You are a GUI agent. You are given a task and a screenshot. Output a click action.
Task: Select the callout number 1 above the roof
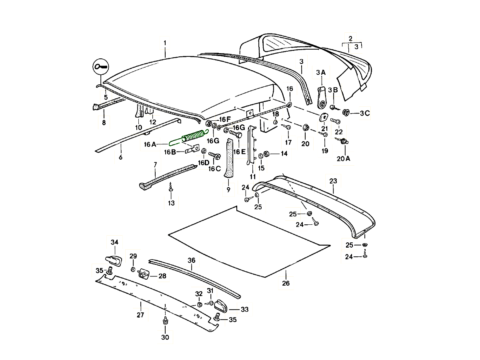click(165, 42)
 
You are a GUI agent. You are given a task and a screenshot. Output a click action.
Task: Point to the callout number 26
click(286, 283)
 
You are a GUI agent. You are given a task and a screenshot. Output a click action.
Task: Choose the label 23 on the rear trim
click(333, 181)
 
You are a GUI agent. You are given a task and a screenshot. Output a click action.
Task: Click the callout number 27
click(140, 315)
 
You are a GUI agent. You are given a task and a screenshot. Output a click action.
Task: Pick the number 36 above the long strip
click(192, 260)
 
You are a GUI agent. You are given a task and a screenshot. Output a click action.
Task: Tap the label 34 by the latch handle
click(115, 242)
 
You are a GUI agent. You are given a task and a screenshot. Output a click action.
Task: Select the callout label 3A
click(321, 72)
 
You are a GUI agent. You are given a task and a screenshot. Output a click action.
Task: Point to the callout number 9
click(228, 190)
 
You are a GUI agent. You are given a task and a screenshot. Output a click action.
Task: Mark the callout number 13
click(171, 203)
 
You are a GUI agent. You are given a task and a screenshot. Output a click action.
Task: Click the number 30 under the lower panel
click(165, 338)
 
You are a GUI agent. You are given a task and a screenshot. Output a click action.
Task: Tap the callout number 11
click(252, 176)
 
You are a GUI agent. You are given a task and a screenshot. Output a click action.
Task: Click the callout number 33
click(244, 309)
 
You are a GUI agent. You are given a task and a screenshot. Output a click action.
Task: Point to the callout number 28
click(162, 276)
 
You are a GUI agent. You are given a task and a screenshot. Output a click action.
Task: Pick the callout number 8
click(104, 123)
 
